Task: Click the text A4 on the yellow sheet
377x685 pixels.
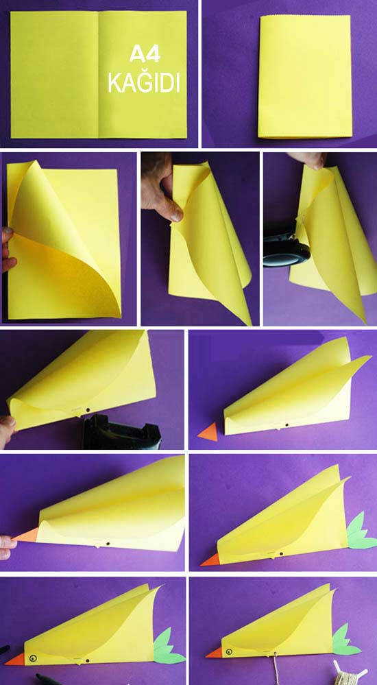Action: [144, 55]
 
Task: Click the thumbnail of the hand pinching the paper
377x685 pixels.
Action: [199, 239]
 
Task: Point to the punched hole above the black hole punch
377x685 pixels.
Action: [88, 410]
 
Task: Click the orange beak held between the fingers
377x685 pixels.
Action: [25, 534]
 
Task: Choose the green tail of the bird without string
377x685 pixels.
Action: [168, 647]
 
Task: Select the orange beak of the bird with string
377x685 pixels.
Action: [214, 653]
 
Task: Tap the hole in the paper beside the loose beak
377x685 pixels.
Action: [287, 424]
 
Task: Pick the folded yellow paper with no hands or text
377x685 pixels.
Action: [305, 76]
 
